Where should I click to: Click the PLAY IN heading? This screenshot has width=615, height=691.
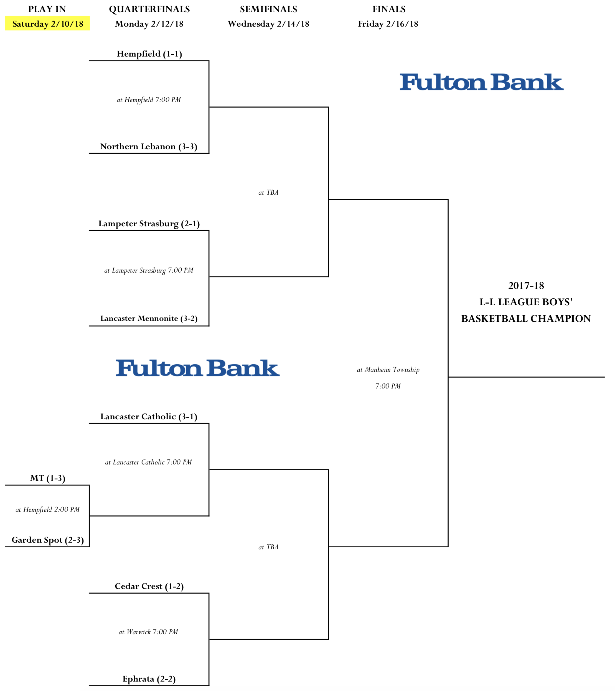47,9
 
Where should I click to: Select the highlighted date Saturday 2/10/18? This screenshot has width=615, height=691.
48,24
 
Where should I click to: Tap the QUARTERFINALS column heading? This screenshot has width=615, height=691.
149,9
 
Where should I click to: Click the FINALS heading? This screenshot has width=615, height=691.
389,9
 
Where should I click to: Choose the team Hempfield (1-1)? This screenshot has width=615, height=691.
149,54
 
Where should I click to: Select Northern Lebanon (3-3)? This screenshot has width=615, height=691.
149,146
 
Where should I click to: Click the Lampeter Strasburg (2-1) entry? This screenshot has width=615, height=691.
149,224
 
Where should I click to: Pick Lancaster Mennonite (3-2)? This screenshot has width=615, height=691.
149,318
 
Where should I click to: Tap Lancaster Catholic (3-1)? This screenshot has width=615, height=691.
149,416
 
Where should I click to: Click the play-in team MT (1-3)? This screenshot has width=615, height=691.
48,478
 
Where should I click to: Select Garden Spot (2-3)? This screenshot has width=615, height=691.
48,540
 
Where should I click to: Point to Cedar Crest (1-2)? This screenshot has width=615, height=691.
149,586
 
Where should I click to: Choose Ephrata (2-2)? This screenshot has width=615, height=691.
149,679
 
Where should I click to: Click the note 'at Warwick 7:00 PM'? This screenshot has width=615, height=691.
148,632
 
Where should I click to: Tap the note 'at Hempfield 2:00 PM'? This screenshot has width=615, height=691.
48,509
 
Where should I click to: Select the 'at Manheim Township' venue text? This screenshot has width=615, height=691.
388,370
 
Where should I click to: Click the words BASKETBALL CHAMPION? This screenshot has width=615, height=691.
526,318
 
